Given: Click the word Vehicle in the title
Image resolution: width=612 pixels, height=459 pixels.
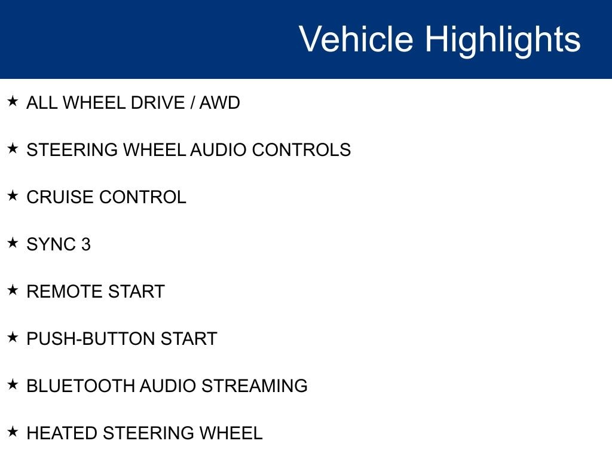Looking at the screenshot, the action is point(356,39).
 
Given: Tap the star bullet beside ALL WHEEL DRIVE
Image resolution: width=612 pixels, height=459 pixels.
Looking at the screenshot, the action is point(13,101).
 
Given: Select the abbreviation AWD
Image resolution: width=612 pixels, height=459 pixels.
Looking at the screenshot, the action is point(220,103).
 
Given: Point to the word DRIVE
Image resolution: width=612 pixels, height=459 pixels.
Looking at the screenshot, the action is point(158,103).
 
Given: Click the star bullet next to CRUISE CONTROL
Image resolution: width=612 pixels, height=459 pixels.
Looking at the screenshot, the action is point(13,195).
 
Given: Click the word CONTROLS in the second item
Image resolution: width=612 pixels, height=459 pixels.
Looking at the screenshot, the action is point(301,149).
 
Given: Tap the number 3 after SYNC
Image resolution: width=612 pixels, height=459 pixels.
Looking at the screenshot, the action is point(86,244).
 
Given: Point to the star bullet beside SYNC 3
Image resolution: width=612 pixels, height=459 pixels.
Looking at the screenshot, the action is point(13,243).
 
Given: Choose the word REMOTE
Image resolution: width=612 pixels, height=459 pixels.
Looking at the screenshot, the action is point(65,292).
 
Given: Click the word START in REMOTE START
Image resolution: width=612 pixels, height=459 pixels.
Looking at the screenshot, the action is point(136,292).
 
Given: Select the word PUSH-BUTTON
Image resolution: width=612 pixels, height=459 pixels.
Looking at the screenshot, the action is point(91,338).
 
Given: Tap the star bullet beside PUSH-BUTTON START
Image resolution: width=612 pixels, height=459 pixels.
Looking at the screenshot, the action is point(13,337).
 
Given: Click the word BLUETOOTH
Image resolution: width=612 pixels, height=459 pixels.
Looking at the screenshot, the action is point(80,385).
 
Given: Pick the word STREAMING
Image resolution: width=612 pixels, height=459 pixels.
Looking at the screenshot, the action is point(255,385).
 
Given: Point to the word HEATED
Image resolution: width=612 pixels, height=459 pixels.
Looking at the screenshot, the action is point(62,433).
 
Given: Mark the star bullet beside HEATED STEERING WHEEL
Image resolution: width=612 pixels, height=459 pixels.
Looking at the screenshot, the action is point(13,432).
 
